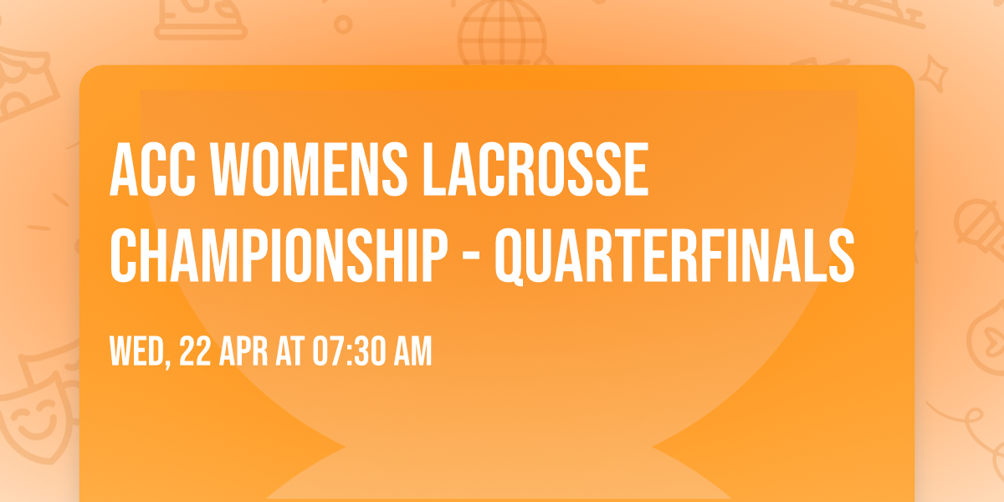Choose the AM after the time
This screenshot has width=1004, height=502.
tap(412, 353)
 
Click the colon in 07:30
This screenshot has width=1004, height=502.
tap(343, 353)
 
